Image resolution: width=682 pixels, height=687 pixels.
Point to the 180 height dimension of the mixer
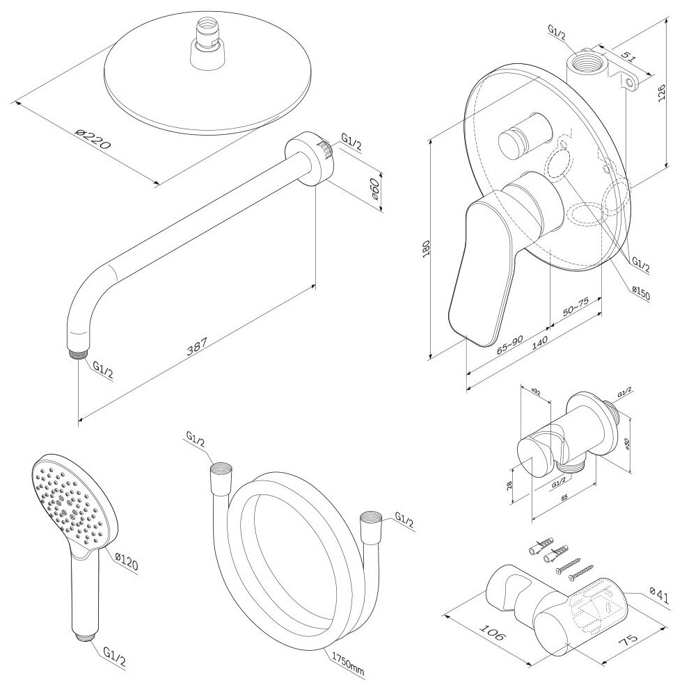click(426, 248)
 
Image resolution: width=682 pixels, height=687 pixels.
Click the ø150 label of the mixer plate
click(640, 295)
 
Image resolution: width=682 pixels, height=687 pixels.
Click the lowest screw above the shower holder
click(579, 574)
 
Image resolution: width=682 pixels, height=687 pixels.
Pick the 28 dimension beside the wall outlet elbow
click(510, 484)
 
